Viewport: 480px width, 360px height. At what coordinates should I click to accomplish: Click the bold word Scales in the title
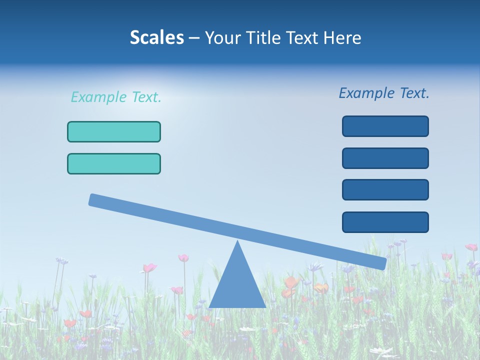tap(156, 38)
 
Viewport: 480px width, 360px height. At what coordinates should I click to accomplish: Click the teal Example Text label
tap(116, 97)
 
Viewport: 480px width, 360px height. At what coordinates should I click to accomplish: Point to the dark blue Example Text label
tap(384, 93)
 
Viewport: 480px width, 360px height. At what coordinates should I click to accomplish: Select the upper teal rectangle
tap(114, 131)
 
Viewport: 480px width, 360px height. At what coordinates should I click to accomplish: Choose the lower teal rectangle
tap(114, 163)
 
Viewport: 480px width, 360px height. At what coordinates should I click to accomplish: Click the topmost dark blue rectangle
tap(385, 126)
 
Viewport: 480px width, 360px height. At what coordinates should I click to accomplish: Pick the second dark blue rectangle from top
tap(385, 158)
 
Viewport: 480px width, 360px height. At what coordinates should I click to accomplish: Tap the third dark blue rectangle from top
tap(385, 190)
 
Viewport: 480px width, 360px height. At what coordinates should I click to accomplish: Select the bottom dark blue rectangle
tap(385, 222)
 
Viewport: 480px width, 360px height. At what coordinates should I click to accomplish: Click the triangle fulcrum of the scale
tap(237, 285)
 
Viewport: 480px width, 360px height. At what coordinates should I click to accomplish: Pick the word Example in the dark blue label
tap(366, 93)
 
